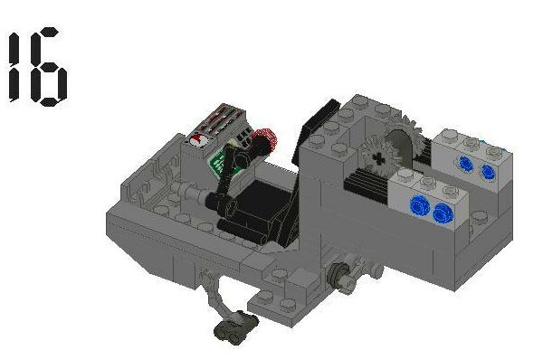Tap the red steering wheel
[x=263, y=142]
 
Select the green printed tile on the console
[x=221, y=163]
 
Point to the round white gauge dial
[x=198, y=138]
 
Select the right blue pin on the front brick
[x=442, y=213]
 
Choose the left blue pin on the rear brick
[x=467, y=164]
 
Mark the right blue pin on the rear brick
[x=488, y=171]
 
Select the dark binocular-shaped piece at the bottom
[x=230, y=330]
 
